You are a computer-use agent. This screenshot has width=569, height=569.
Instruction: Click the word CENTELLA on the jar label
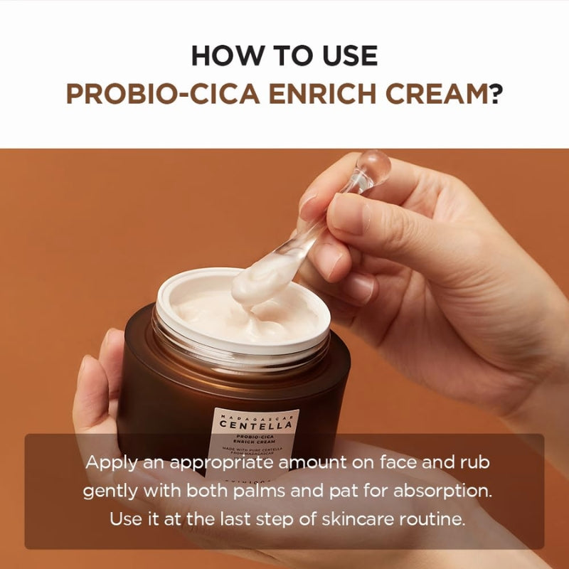click(257, 425)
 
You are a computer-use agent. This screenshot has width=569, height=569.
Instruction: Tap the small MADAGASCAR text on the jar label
click(257, 415)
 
